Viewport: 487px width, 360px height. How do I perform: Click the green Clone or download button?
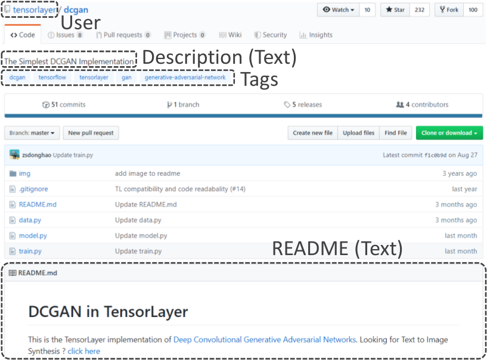pyautogui.click(x=449, y=133)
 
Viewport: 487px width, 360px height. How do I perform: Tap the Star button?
pyautogui.click(x=395, y=10)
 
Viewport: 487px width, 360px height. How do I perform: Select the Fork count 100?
pyautogui.click(x=473, y=10)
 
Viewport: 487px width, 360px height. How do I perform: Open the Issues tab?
pyautogui.click(x=65, y=35)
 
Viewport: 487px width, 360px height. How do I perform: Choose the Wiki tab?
pyautogui.click(x=231, y=35)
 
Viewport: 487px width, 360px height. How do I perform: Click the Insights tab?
pyautogui.click(x=316, y=35)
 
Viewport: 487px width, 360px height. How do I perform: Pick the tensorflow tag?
pyautogui.click(x=52, y=77)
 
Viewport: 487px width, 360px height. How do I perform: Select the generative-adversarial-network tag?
pyautogui.click(x=185, y=77)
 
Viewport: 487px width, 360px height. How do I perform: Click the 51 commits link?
pyautogui.click(x=64, y=105)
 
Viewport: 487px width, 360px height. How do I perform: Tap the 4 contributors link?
pyautogui.click(x=422, y=105)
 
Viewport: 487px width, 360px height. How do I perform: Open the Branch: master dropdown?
pyautogui.click(x=32, y=133)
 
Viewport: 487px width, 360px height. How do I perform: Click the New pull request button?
pyautogui.click(x=91, y=133)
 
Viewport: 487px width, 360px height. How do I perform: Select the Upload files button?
pyautogui.click(x=358, y=133)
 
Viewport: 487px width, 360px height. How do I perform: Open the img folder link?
pyautogui.click(x=24, y=173)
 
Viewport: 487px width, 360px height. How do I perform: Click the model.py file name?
pyautogui.click(x=33, y=236)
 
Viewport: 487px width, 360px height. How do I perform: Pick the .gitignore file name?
pyautogui.click(x=33, y=189)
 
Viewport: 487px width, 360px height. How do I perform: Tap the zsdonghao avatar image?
pyautogui.click(x=14, y=155)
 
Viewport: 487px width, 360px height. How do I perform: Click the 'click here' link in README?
pyautogui.click(x=84, y=351)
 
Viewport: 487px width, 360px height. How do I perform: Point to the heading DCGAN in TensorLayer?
pyautogui.click(x=108, y=312)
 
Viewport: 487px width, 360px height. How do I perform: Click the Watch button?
pyautogui.click(x=339, y=10)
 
